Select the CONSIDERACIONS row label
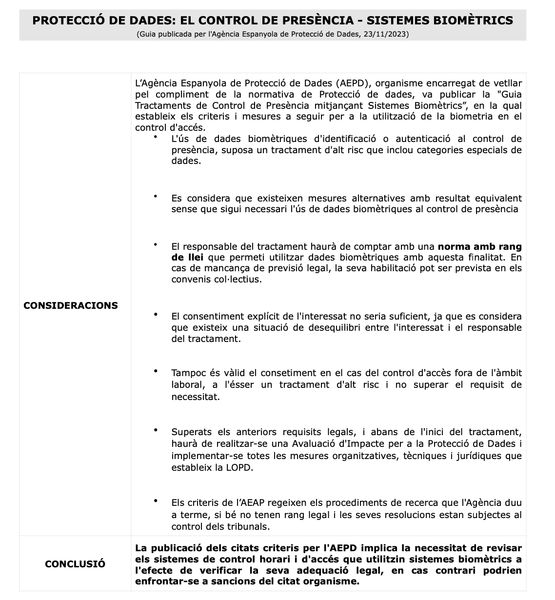[x=71, y=305]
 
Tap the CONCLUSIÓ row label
[x=75, y=564]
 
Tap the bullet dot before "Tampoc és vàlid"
[x=156, y=371]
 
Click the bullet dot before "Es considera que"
[x=156, y=196]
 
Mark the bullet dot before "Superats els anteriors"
[x=156, y=430]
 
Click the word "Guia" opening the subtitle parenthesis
[x=146, y=34]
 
